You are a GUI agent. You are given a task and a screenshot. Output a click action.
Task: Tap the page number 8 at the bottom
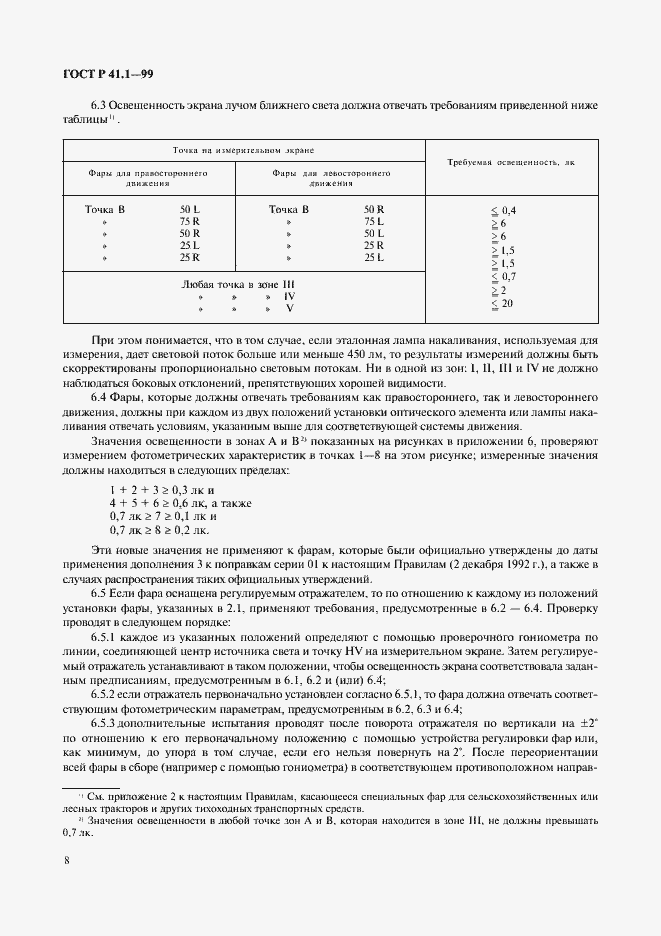pos(66,857)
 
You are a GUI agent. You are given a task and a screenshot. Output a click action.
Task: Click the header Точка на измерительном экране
pos(243,149)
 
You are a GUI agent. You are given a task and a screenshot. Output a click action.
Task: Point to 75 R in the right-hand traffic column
pos(190,221)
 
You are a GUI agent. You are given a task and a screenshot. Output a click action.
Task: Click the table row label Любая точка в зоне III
pos(237,284)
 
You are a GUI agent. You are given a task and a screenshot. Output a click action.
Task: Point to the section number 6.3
pos(102,104)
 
